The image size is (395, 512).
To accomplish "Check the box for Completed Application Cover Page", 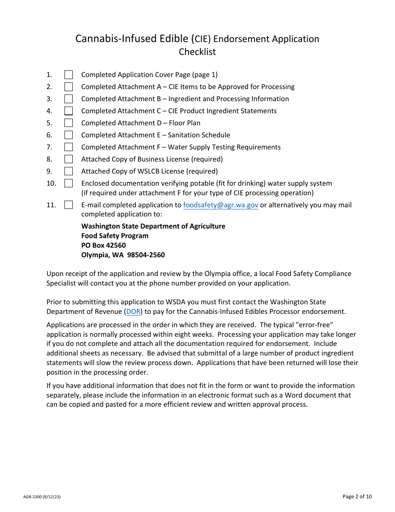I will [x=69, y=75].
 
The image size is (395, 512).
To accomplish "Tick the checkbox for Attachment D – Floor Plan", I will [x=69, y=123].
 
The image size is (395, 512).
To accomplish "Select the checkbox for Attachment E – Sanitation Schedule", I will [x=69, y=135].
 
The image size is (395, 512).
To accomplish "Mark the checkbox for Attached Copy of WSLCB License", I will [x=69, y=171].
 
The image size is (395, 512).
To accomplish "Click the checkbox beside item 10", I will [x=69, y=184].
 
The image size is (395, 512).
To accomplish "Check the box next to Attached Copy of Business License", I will [x=69, y=159].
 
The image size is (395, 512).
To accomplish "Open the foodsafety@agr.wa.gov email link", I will [x=220, y=205].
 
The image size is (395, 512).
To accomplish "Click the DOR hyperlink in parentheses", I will [x=133, y=311].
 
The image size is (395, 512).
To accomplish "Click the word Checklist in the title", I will [x=197, y=52].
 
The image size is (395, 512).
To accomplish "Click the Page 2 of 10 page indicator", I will [x=357, y=496].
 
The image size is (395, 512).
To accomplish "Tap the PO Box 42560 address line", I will [x=104, y=246].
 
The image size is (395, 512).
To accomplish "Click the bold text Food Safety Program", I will [x=115, y=236].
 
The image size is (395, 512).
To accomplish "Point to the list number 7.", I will [x=49, y=147].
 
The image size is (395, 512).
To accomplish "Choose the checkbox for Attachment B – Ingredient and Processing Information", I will [x=69, y=99].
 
